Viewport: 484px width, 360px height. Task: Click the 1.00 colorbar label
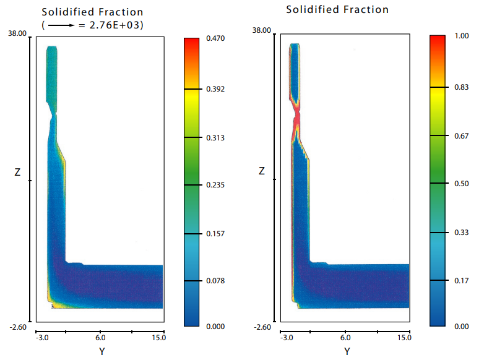click(461, 36)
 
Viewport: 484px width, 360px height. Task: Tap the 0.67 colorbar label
click(461, 135)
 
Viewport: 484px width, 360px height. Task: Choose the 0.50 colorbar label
click(461, 183)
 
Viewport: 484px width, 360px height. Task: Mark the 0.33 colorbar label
click(461, 232)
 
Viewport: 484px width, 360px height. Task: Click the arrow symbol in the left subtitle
click(59, 26)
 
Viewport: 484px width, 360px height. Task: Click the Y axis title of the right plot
click(347, 351)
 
